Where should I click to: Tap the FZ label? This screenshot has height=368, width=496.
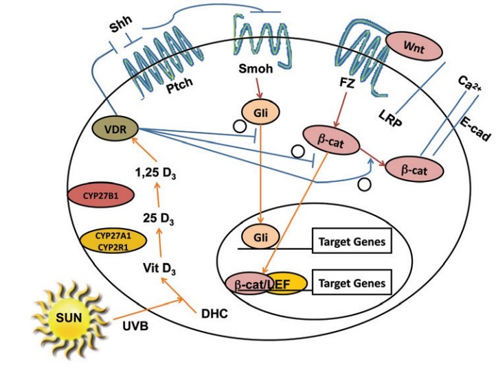(x=348, y=82)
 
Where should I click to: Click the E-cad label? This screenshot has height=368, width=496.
(x=474, y=127)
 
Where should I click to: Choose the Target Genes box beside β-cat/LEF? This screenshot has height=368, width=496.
(x=352, y=283)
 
